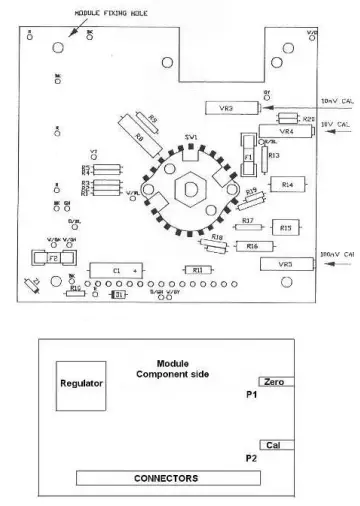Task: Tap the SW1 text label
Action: pos(190,136)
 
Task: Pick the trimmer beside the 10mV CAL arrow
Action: pos(227,107)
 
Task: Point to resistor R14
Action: pos(287,184)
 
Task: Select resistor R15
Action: pos(285,228)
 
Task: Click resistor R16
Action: pos(253,245)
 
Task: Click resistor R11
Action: pos(197,270)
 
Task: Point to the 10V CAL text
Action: pos(336,124)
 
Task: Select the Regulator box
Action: pos(82,383)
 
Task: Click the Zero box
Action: pos(276,382)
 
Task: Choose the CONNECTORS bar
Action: pos(166,478)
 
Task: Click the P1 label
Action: pos(252,396)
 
